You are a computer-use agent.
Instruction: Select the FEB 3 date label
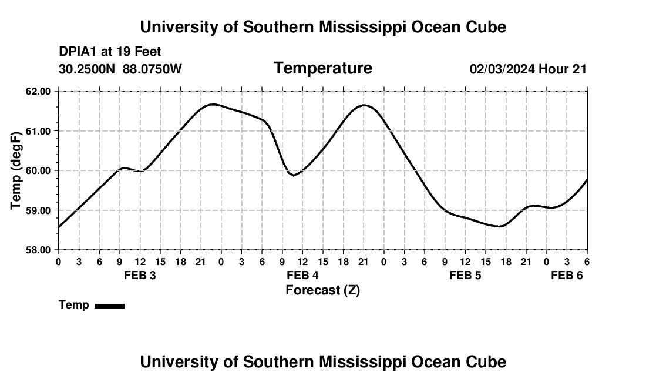point(140,276)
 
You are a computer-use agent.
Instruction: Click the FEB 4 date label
point(302,276)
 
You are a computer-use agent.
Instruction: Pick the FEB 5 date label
point(465,276)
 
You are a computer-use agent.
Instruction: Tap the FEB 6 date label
point(567,276)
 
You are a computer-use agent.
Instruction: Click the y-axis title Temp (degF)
point(16,170)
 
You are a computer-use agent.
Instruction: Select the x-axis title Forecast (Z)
point(322,290)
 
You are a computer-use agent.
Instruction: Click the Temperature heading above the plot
point(322,68)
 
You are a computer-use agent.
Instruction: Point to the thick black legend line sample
point(109,306)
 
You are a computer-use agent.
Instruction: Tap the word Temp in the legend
point(74,305)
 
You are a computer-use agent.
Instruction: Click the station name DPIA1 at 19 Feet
point(110,52)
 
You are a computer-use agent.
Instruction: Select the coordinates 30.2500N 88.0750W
point(120,69)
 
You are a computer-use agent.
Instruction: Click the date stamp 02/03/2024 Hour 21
point(528,69)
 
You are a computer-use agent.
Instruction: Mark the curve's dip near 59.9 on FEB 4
point(293,175)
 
